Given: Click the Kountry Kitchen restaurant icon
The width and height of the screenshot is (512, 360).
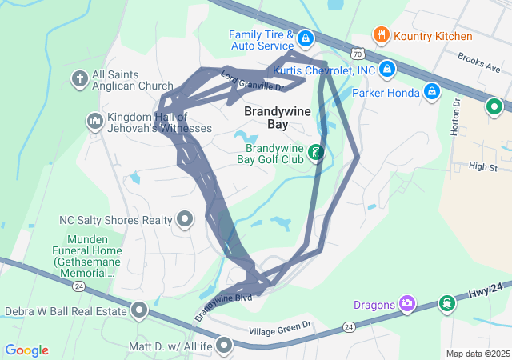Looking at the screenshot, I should click(382, 35).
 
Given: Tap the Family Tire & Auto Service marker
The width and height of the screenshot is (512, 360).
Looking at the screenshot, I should click(306, 38).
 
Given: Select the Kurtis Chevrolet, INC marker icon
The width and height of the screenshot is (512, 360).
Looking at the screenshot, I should click(386, 70).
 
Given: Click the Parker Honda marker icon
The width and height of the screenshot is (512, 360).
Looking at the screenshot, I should click(432, 92).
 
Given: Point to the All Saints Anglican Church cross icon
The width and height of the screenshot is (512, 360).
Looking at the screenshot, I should click(79, 78).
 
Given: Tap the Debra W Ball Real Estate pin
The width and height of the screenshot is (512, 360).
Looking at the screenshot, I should click(140, 310).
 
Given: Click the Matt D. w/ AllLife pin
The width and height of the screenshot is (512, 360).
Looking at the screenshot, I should click(224, 346).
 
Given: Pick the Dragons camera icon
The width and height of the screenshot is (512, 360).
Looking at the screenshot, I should click(407, 303).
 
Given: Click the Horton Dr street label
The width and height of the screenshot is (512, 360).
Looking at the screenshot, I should click(457, 117).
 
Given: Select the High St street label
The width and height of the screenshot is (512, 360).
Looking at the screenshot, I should click(483, 167).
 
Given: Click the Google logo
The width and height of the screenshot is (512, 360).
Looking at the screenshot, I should click(27, 350).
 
